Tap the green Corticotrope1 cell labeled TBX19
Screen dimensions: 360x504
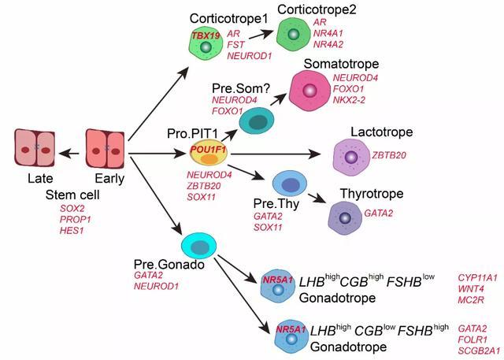(x=206, y=44)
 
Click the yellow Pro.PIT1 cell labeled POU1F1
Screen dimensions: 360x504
(x=208, y=151)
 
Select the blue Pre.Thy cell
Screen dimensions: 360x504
(x=290, y=184)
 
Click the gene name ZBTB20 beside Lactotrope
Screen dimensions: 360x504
(x=389, y=154)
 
